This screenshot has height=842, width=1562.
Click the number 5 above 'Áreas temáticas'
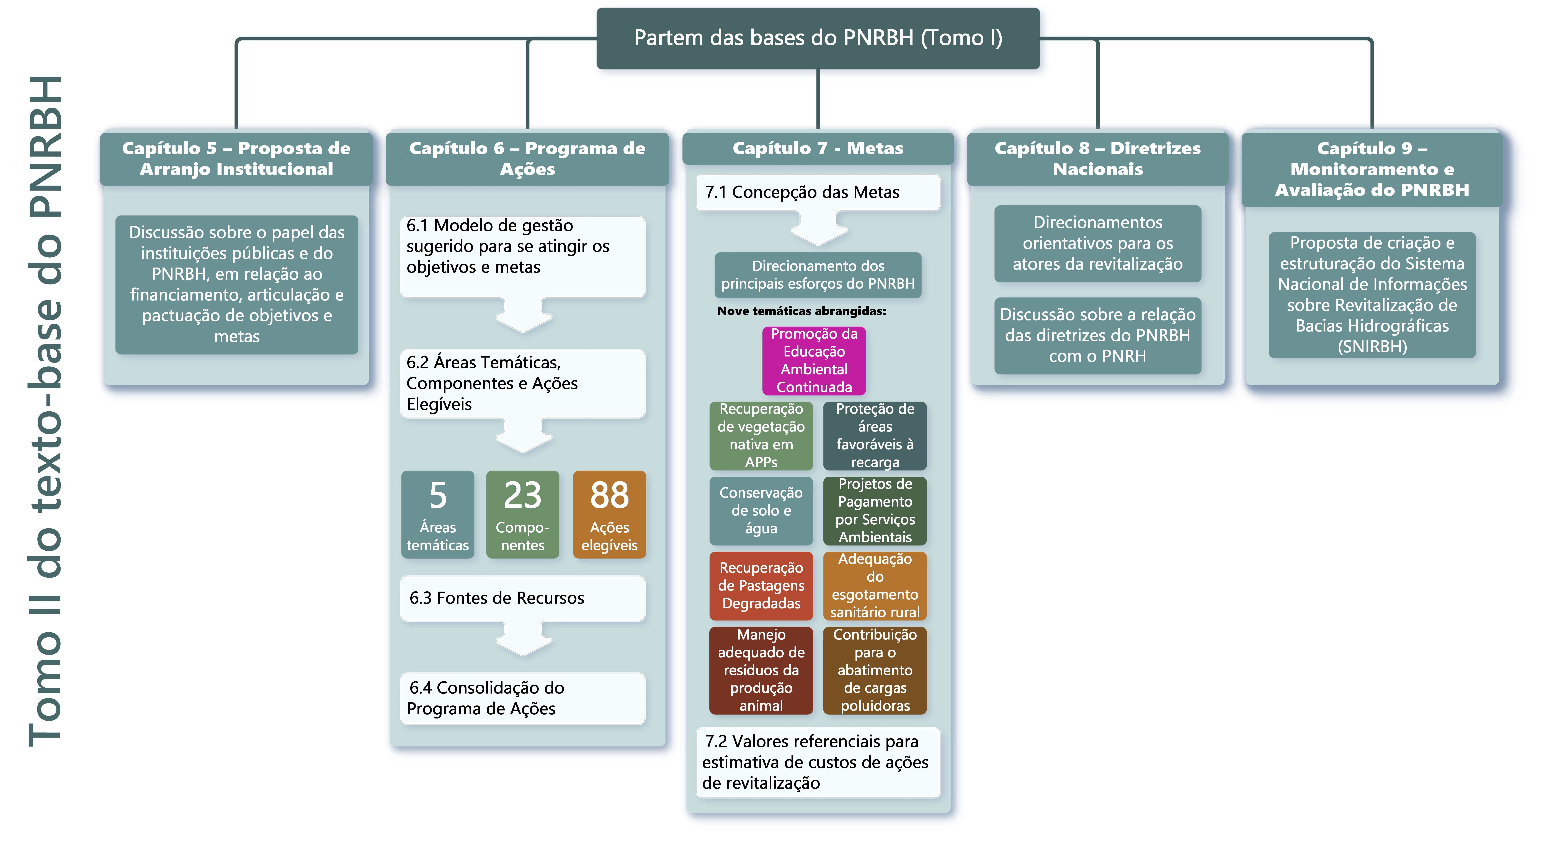point(438,496)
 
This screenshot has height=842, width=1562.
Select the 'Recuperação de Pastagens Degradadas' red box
point(761,585)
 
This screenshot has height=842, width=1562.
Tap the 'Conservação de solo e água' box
point(761,510)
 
